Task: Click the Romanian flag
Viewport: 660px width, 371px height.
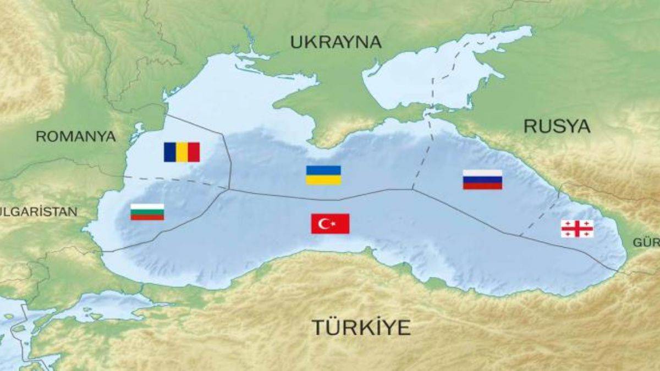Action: [x=182, y=152]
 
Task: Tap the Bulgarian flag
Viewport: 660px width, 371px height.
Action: [x=147, y=212]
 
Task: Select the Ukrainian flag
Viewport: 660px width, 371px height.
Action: [x=323, y=175]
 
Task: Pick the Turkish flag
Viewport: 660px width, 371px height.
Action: [x=330, y=224]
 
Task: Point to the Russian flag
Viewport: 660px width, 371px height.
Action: [x=482, y=180]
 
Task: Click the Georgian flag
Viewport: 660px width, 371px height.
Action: [x=577, y=229]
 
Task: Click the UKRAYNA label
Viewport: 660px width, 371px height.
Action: [x=335, y=42]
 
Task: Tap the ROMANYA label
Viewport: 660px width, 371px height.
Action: [x=76, y=136]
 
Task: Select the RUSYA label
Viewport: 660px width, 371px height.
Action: [x=557, y=126]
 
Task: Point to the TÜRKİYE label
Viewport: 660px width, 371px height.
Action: [x=361, y=327]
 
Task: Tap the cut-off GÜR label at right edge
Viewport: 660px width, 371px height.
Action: [x=646, y=242]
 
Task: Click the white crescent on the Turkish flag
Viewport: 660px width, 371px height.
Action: [x=325, y=224]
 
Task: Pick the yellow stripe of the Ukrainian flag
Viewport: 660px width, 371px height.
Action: [x=323, y=180]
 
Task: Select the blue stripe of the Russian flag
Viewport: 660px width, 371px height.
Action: [x=482, y=180]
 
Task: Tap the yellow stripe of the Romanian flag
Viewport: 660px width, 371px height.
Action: [x=182, y=152]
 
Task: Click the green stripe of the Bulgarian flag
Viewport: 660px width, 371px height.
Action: [x=147, y=212]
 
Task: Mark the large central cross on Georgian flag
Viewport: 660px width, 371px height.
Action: [x=577, y=229]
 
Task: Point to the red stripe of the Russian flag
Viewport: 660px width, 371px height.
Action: [x=482, y=186]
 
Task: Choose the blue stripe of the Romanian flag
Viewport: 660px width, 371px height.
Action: [x=170, y=152]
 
